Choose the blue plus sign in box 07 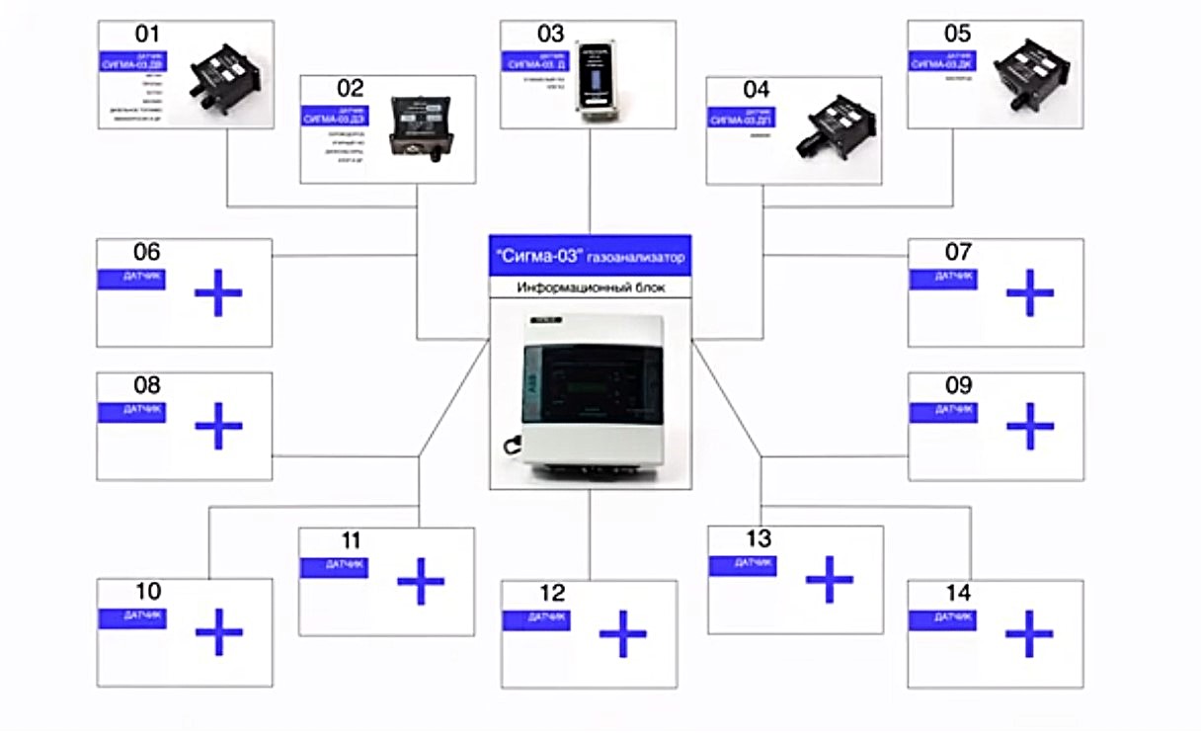click(x=1029, y=292)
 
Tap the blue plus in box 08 click(x=218, y=426)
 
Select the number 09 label click(x=958, y=385)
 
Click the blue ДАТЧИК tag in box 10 click(x=132, y=617)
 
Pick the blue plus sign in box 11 click(x=421, y=582)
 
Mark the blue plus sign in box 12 click(x=622, y=634)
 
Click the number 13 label click(x=759, y=539)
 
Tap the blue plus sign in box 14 click(x=1029, y=633)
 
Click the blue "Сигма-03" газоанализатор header click(x=590, y=256)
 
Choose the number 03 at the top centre click(x=550, y=35)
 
